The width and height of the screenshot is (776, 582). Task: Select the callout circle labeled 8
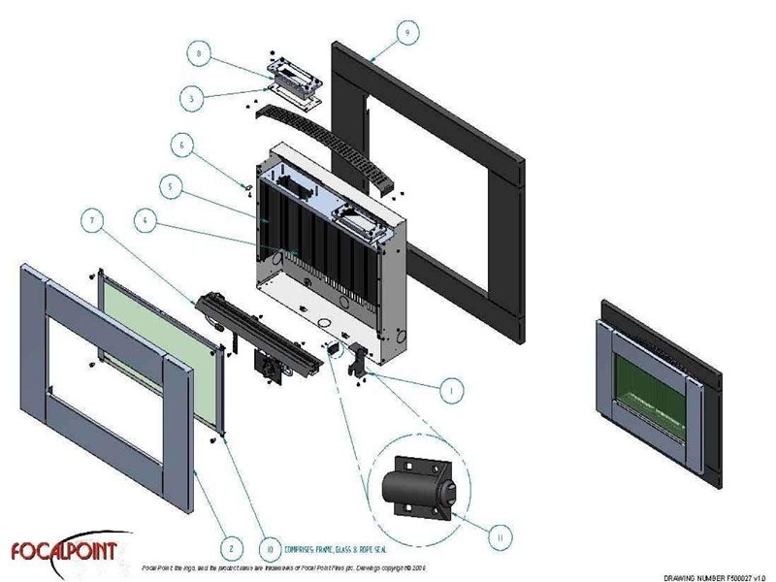pos(198,56)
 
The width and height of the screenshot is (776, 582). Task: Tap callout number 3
pos(198,97)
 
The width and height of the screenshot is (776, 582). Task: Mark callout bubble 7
pos(91,222)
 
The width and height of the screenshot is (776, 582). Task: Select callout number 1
pos(448,391)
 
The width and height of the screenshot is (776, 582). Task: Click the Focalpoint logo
pos(64,549)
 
